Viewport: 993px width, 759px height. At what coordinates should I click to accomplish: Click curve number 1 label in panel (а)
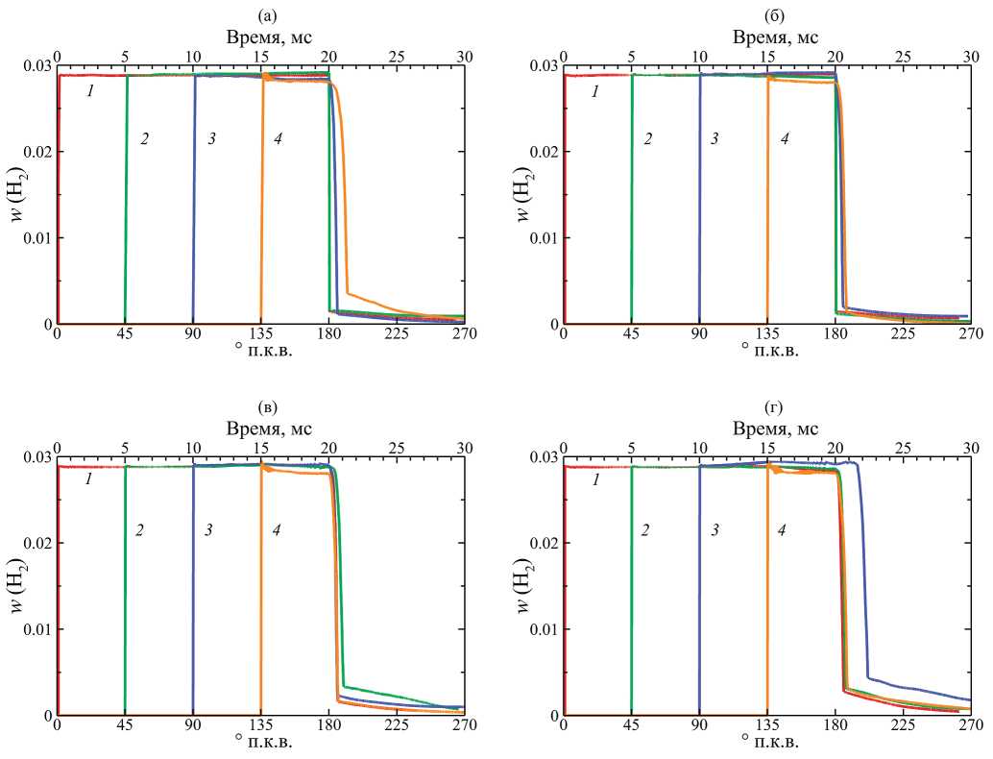pos(89,91)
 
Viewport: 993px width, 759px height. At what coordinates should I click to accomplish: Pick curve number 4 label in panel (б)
pos(784,139)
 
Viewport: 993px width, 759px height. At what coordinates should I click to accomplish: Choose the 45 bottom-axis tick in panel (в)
pos(125,726)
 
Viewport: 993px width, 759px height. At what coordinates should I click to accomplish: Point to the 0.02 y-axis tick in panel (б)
pos(545,152)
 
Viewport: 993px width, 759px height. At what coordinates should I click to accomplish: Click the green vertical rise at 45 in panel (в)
pos(126,596)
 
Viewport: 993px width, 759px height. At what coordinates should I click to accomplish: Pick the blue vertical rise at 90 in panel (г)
pos(700,596)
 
